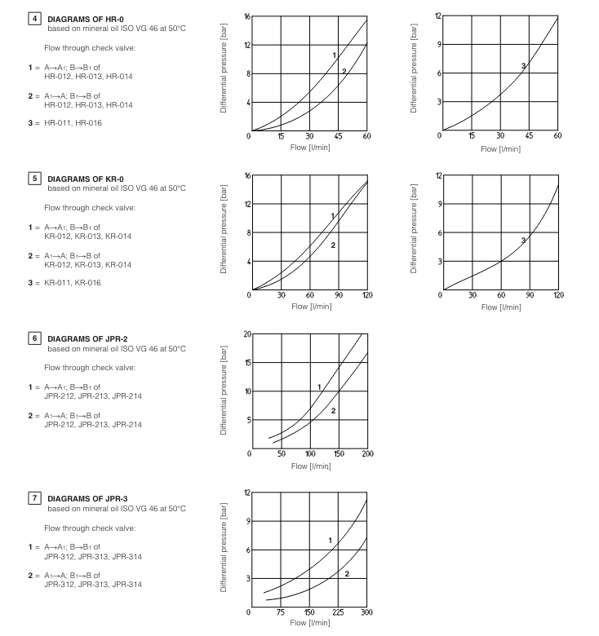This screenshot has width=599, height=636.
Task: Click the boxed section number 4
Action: tap(33, 17)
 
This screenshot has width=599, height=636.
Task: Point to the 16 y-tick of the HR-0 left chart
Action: tap(246, 16)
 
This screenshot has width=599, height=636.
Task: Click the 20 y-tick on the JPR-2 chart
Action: tap(246, 334)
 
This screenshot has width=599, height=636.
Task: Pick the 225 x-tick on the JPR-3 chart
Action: tap(338, 612)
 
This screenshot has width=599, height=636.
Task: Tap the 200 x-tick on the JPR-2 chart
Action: tap(367, 453)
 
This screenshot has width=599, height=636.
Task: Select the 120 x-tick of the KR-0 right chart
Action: tap(558, 294)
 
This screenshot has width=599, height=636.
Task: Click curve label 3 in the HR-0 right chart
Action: tap(523, 65)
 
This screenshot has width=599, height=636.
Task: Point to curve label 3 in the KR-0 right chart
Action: tap(523, 240)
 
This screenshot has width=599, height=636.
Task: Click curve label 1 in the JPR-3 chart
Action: tap(330, 541)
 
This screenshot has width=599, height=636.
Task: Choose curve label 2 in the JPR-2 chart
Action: tap(333, 410)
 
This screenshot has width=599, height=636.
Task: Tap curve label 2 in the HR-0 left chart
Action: tap(344, 72)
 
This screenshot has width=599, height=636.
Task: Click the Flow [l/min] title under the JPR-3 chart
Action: tap(310, 623)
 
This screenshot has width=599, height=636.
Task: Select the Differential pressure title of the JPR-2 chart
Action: tap(224, 389)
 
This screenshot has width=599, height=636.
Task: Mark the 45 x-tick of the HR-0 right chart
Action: tap(530, 135)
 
